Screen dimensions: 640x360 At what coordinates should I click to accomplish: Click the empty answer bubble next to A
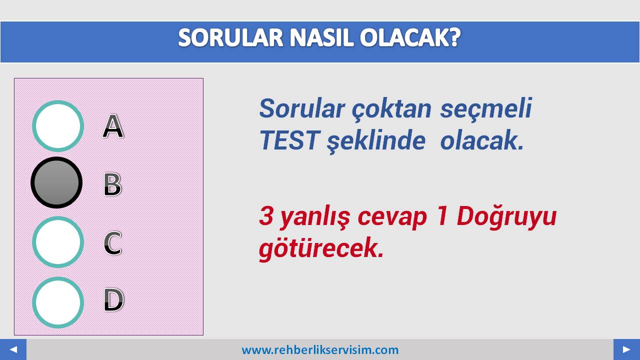point(58,125)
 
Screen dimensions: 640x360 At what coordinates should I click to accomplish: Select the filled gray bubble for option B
point(56,182)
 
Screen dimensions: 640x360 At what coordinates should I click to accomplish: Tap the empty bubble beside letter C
point(58,242)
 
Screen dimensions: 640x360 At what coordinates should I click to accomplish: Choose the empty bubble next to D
point(58,302)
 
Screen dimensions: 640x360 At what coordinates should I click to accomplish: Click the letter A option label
point(113,126)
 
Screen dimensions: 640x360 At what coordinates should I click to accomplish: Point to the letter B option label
point(113,184)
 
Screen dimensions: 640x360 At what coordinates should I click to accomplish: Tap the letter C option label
point(112,243)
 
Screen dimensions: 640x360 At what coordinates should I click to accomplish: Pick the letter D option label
point(113,299)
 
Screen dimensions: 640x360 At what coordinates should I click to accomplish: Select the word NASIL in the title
point(321,37)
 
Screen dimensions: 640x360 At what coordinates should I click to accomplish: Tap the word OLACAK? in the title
point(410,37)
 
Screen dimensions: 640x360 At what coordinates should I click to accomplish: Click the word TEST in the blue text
point(289,140)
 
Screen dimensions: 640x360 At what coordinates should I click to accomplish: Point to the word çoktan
point(391,108)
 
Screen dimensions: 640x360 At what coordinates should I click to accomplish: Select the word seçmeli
point(486,108)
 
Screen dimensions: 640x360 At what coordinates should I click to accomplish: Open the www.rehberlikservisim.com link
point(320,349)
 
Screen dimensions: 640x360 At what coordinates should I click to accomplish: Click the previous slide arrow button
point(13,349)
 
